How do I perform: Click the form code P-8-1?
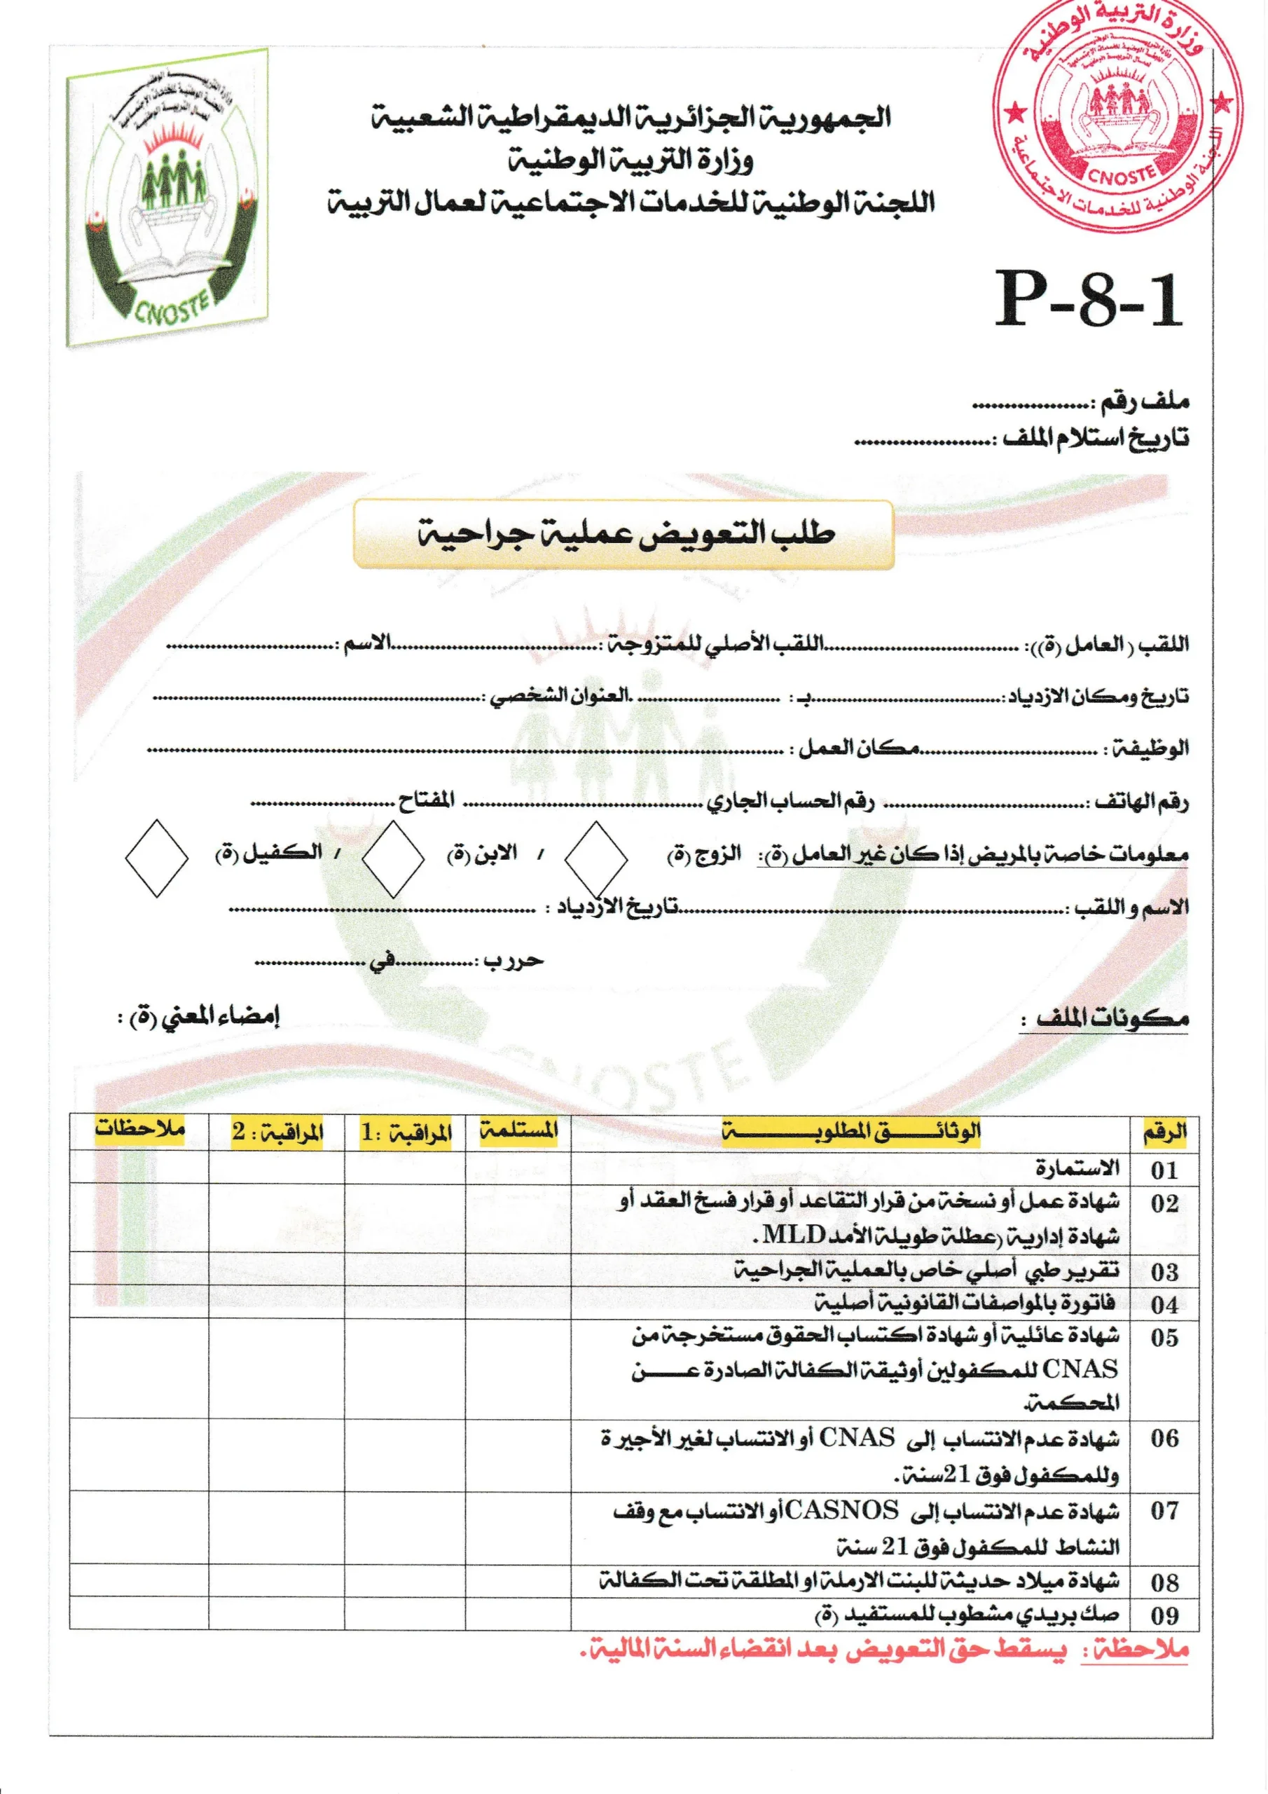click(1088, 300)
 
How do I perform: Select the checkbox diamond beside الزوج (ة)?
click(595, 858)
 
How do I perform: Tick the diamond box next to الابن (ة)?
click(393, 858)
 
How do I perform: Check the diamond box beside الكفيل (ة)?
click(156, 858)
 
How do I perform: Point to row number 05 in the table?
click(1164, 1338)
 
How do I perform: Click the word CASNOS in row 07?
click(841, 1510)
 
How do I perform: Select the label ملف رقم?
click(1145, 403)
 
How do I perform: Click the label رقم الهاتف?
click(1141, 802)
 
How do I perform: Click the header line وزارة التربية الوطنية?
click(631, 161)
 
